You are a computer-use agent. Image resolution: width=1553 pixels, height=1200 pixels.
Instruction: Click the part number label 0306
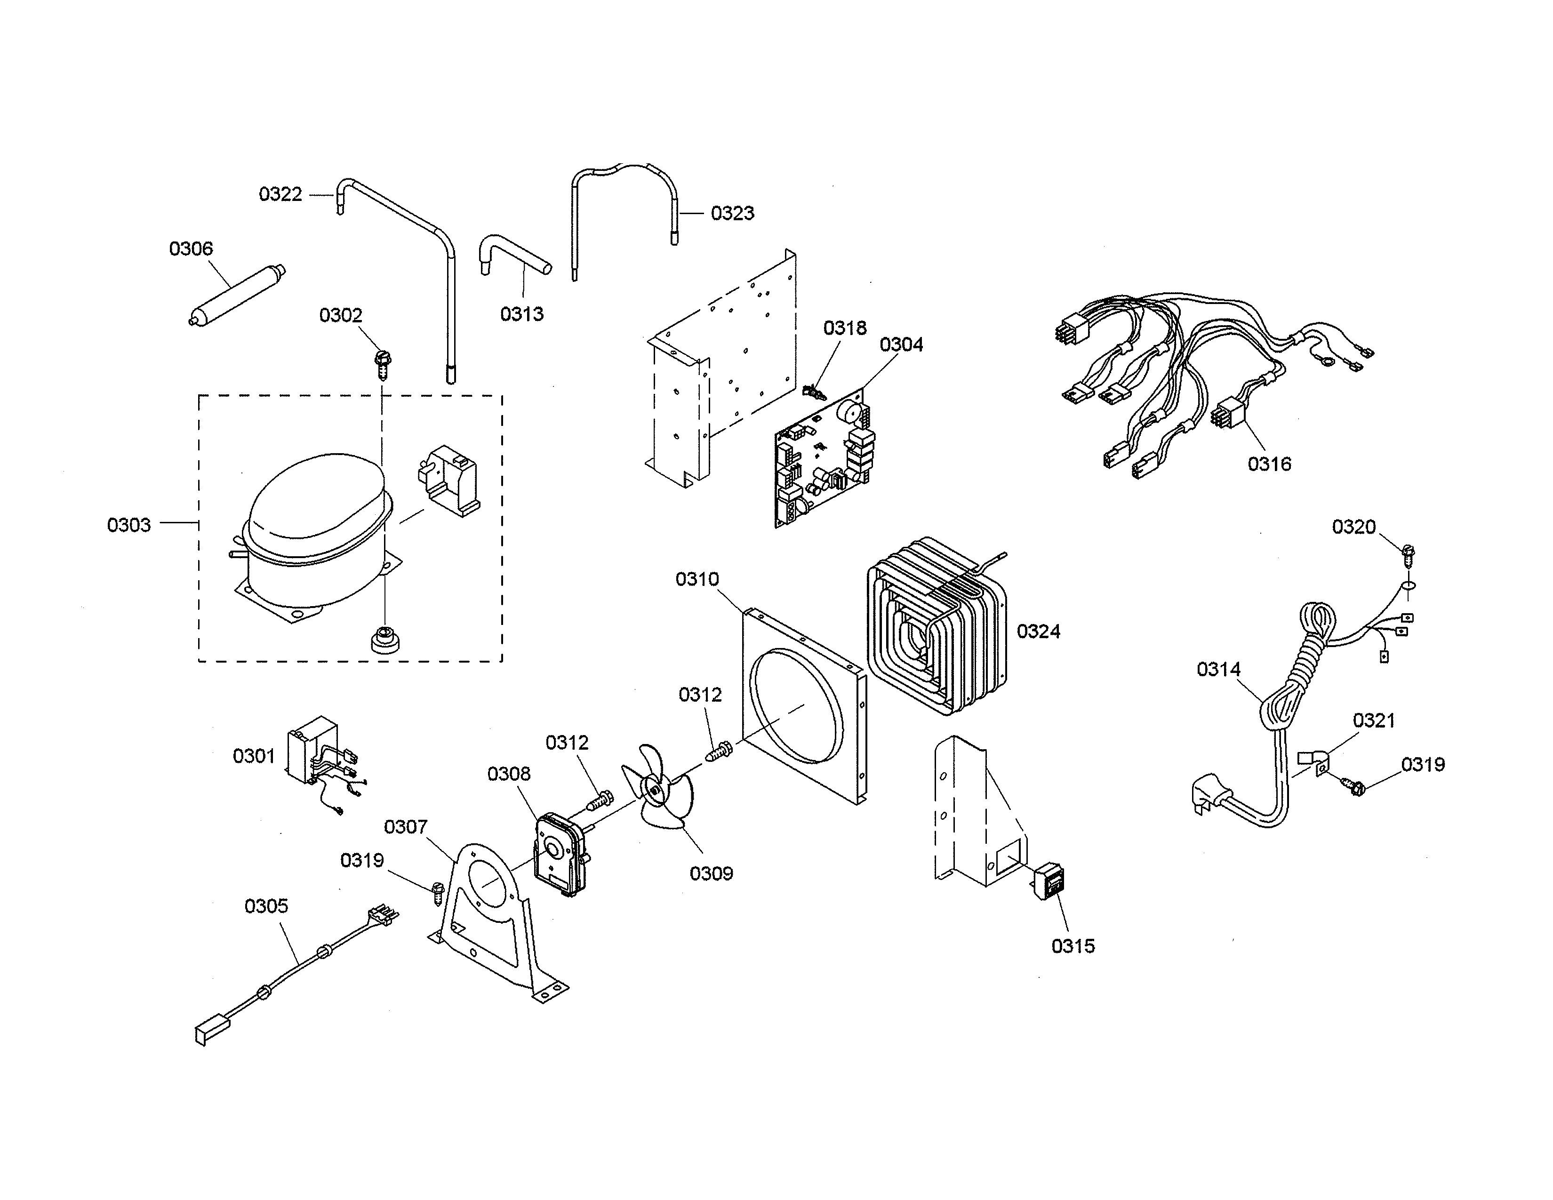point(191,249)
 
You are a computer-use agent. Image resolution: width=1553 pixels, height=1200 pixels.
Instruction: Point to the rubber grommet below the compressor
point(384,639)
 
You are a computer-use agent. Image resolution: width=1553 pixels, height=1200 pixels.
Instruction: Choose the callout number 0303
point(128,525)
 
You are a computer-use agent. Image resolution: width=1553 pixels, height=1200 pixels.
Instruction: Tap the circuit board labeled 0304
point(825,462)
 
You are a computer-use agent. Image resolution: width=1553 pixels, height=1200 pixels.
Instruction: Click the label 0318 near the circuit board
point(845,328)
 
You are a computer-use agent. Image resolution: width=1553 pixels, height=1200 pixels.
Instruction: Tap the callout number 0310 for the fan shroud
point(697,579)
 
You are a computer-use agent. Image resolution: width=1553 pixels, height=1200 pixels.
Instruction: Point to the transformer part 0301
point(313,750)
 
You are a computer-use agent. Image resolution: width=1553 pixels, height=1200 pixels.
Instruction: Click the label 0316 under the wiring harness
point(1269,464)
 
